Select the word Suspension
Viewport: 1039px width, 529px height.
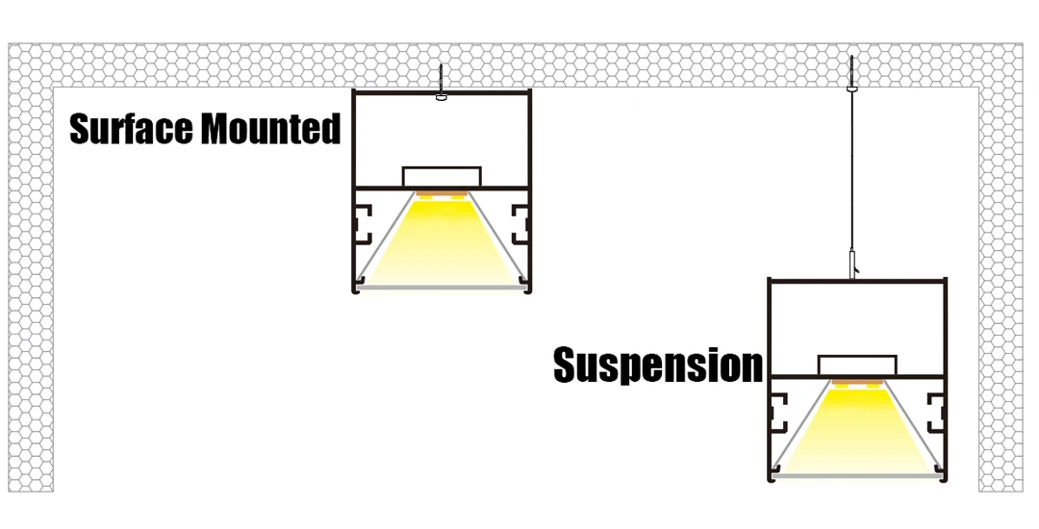coord(658,365)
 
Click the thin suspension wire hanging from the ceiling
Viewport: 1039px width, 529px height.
coord(850,173)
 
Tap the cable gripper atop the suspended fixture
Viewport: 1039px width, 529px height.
coord(852,263)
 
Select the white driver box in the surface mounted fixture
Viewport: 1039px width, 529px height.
coord(441,177)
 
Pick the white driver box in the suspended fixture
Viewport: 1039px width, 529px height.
coord(857,365)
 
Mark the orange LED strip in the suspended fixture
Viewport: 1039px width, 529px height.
coord(857,383)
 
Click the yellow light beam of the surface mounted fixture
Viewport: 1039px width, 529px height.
coord(441,240)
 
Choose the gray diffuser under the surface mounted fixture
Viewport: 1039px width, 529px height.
coord(441,286)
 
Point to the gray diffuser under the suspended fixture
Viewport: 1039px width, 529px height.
coord(857,475)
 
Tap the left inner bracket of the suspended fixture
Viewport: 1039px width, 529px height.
coord(778,414)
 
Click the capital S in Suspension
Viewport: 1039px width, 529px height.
coord(567,365)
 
